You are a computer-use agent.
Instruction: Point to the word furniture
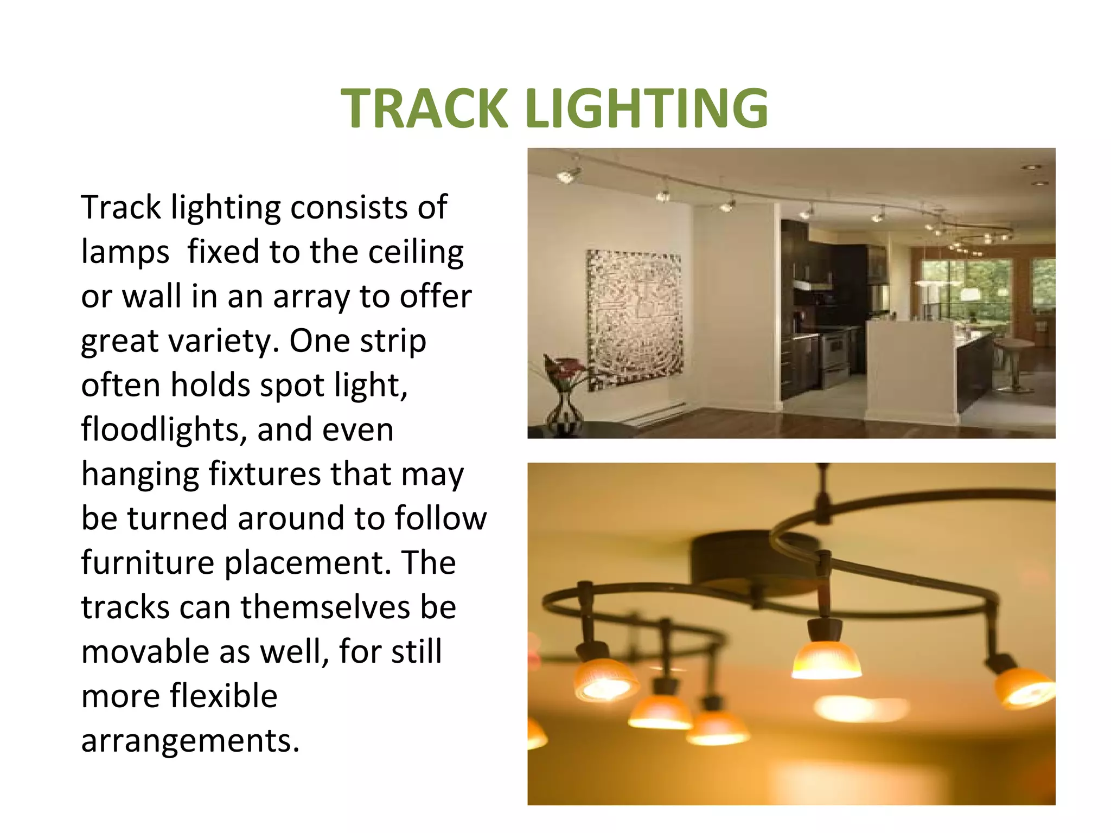coord(148,562)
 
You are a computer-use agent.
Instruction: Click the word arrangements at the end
coord(190,741)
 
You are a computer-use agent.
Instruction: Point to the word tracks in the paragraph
coord(125,607)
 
